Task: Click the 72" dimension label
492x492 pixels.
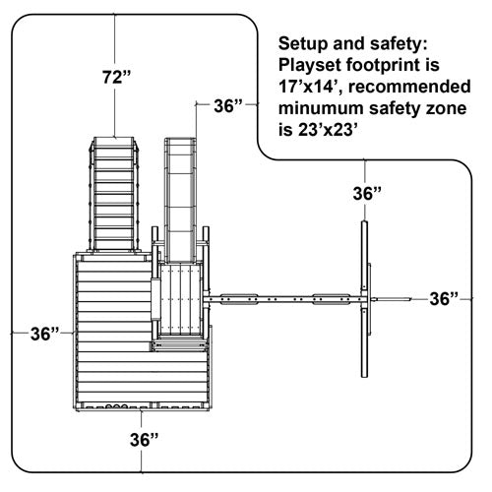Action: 116,77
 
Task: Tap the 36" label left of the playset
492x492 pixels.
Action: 45,334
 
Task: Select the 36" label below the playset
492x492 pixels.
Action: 145,440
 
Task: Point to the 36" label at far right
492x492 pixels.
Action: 444,299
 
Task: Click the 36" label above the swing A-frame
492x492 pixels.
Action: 367,193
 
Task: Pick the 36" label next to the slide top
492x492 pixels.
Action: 228,105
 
